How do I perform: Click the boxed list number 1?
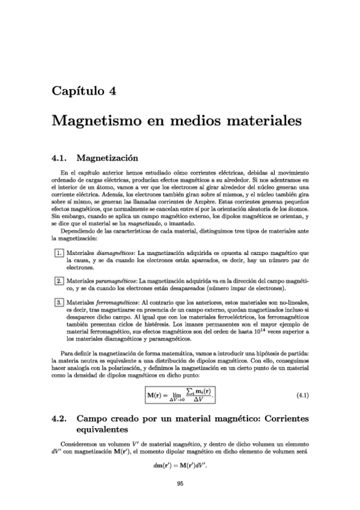point(59,254)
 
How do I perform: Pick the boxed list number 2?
point(59,281)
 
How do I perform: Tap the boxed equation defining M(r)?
point(180,395)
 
